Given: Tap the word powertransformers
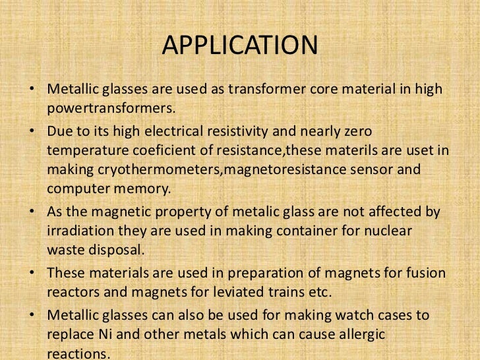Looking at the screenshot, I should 112,107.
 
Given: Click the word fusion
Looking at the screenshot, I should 425,272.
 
